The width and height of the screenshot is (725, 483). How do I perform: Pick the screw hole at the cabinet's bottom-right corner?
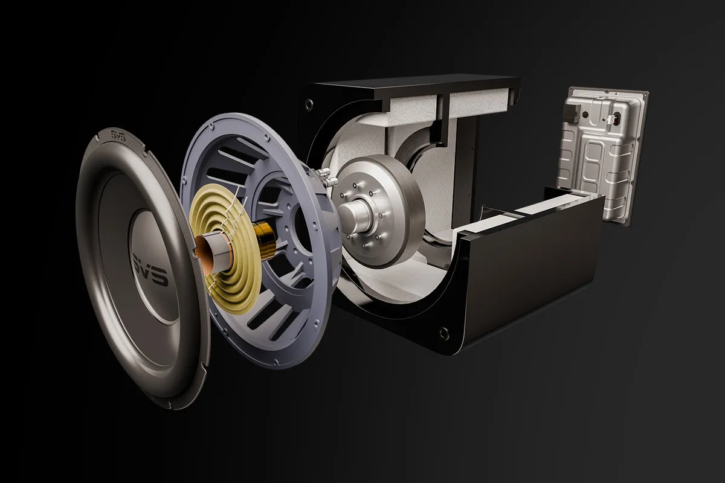tap(445, 331)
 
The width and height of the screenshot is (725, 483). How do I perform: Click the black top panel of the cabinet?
tap(417, 85)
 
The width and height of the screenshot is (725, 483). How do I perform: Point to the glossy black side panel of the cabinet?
tap(532, 266)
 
